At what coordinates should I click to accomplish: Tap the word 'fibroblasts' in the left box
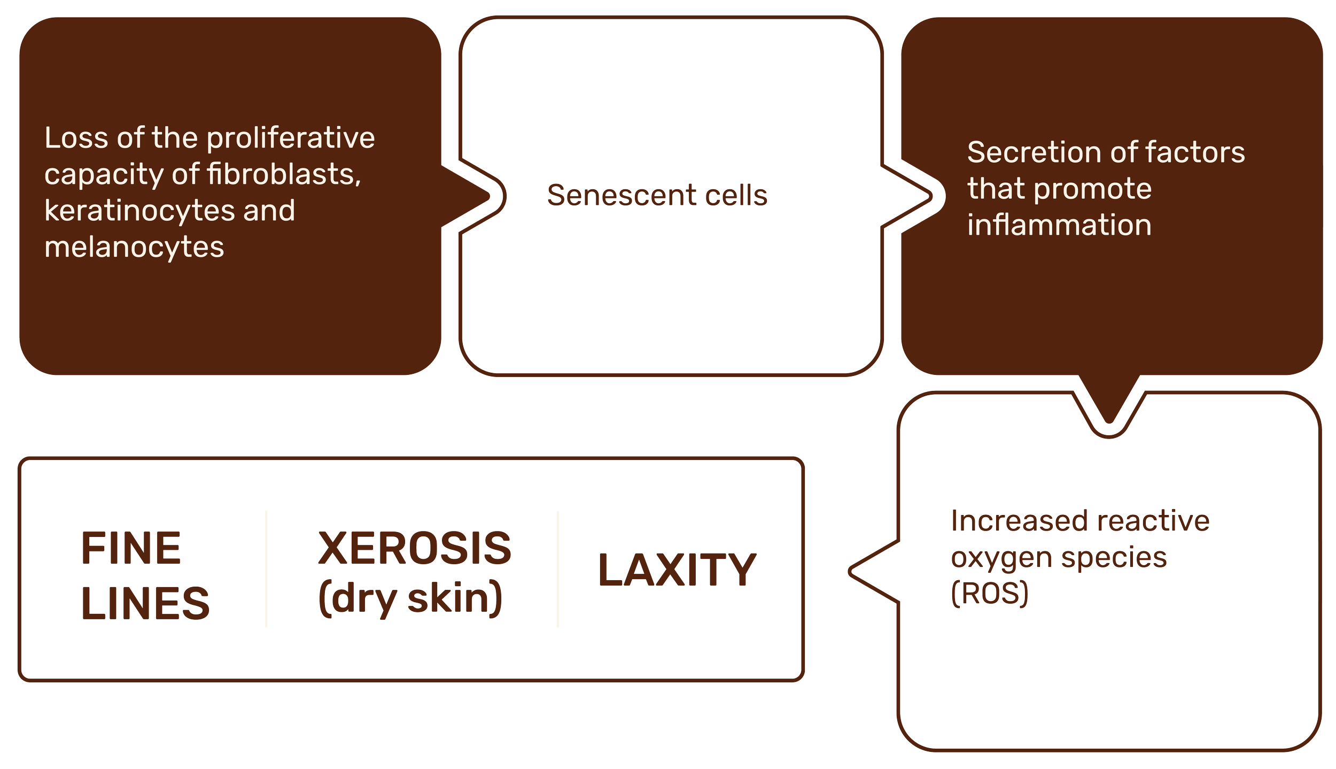283,174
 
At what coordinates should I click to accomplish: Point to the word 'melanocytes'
134,247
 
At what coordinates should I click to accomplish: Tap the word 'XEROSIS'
414,548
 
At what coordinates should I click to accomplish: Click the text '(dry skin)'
410,598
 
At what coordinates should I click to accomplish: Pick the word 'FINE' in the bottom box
131,548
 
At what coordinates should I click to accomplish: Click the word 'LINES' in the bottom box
145,603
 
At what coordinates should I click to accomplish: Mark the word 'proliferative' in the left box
291,138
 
